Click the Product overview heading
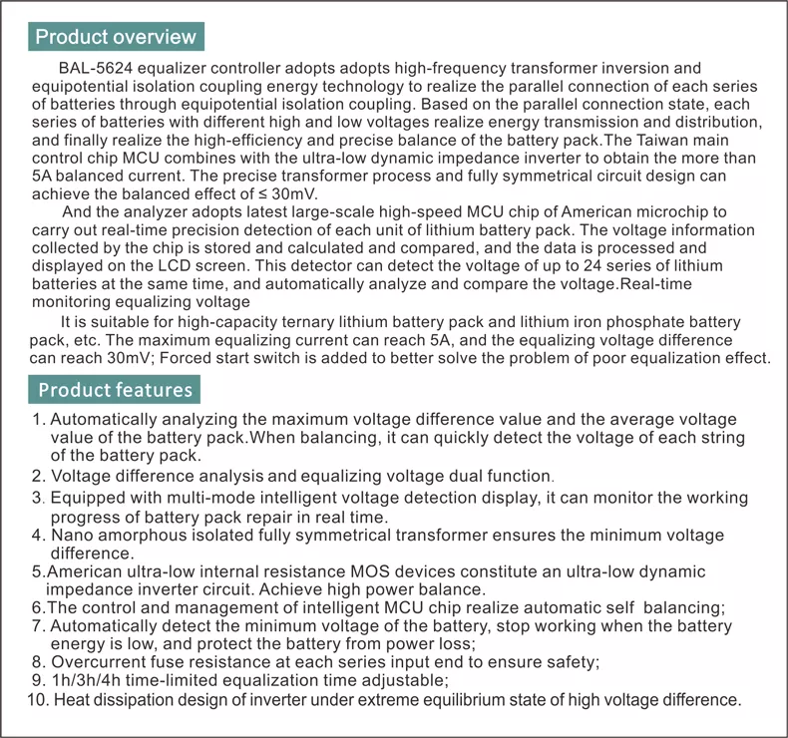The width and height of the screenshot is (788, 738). tap(116, 37)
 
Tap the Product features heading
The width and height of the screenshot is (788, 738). tap(116, 389)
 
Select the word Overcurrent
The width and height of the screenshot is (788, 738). tap(98, 661)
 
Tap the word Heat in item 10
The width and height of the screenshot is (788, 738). tap(71, 699)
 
